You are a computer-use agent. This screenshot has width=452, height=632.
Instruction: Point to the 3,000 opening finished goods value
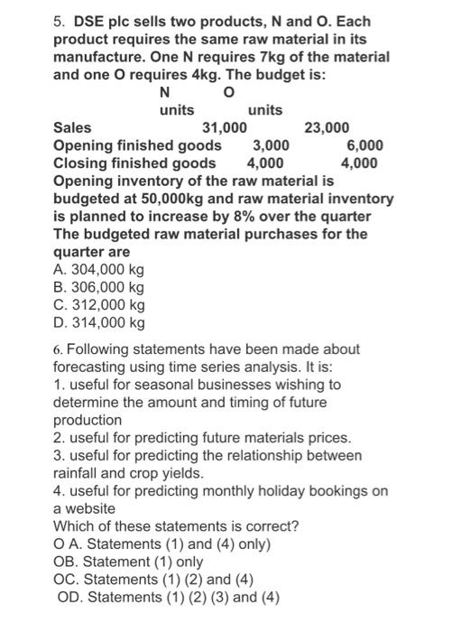pyautogui.click(x=271, y=145)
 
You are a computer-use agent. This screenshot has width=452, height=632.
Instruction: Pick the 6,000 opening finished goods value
pyautogui.click(x=364, y=145)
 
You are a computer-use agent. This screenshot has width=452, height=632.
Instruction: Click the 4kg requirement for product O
pyautogui.click(x=203, y=74)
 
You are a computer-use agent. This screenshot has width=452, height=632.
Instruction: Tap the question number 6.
pyautogui.click(x=58, y=349)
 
